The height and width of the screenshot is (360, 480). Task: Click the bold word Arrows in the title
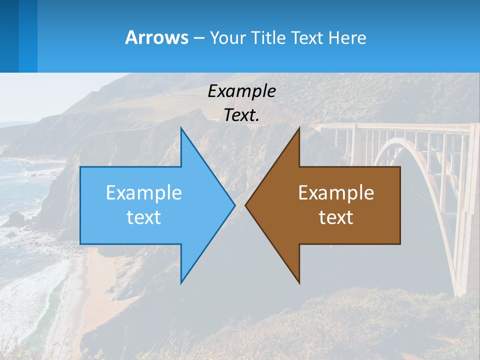156,37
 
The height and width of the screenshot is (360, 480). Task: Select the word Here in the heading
347,38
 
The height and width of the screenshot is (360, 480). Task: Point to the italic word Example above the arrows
241,91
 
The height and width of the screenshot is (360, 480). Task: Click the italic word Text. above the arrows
241,115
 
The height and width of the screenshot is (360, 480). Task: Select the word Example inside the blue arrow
143,193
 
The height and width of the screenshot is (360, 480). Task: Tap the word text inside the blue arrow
143,217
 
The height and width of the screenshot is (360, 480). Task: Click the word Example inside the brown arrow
336,193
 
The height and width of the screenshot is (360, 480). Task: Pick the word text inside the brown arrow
336,217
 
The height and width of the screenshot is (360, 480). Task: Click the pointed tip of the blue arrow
234,205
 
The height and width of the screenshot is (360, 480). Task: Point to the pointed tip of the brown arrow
246,205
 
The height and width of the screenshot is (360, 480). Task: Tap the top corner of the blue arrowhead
181,128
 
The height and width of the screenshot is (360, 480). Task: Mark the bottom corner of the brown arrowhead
299,282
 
